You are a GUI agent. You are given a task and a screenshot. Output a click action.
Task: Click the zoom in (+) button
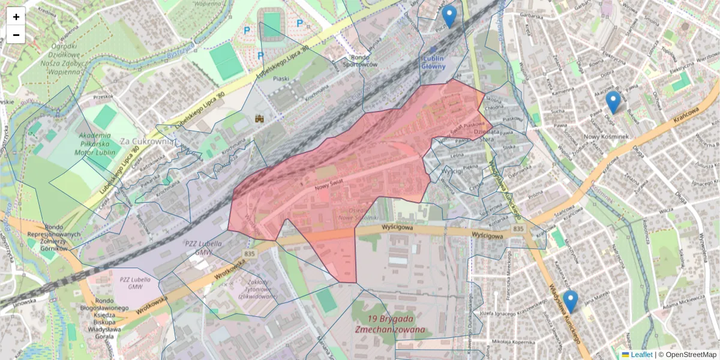click(16, 16)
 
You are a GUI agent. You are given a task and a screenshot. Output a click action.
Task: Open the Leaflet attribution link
click(641, 355)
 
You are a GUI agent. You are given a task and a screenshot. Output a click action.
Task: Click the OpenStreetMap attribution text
click(691, 355)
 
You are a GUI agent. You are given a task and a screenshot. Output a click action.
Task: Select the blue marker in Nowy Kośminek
click(613, 103)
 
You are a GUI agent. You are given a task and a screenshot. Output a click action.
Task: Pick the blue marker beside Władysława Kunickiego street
click(570, 301)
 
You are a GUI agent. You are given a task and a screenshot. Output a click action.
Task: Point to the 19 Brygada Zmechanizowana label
click(391, 324)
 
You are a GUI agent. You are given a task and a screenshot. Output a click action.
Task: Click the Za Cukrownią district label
click(147, 142)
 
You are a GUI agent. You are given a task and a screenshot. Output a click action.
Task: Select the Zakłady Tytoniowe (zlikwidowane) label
click(257, 290)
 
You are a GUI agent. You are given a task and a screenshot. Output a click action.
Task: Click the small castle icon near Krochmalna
click(260, 119)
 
